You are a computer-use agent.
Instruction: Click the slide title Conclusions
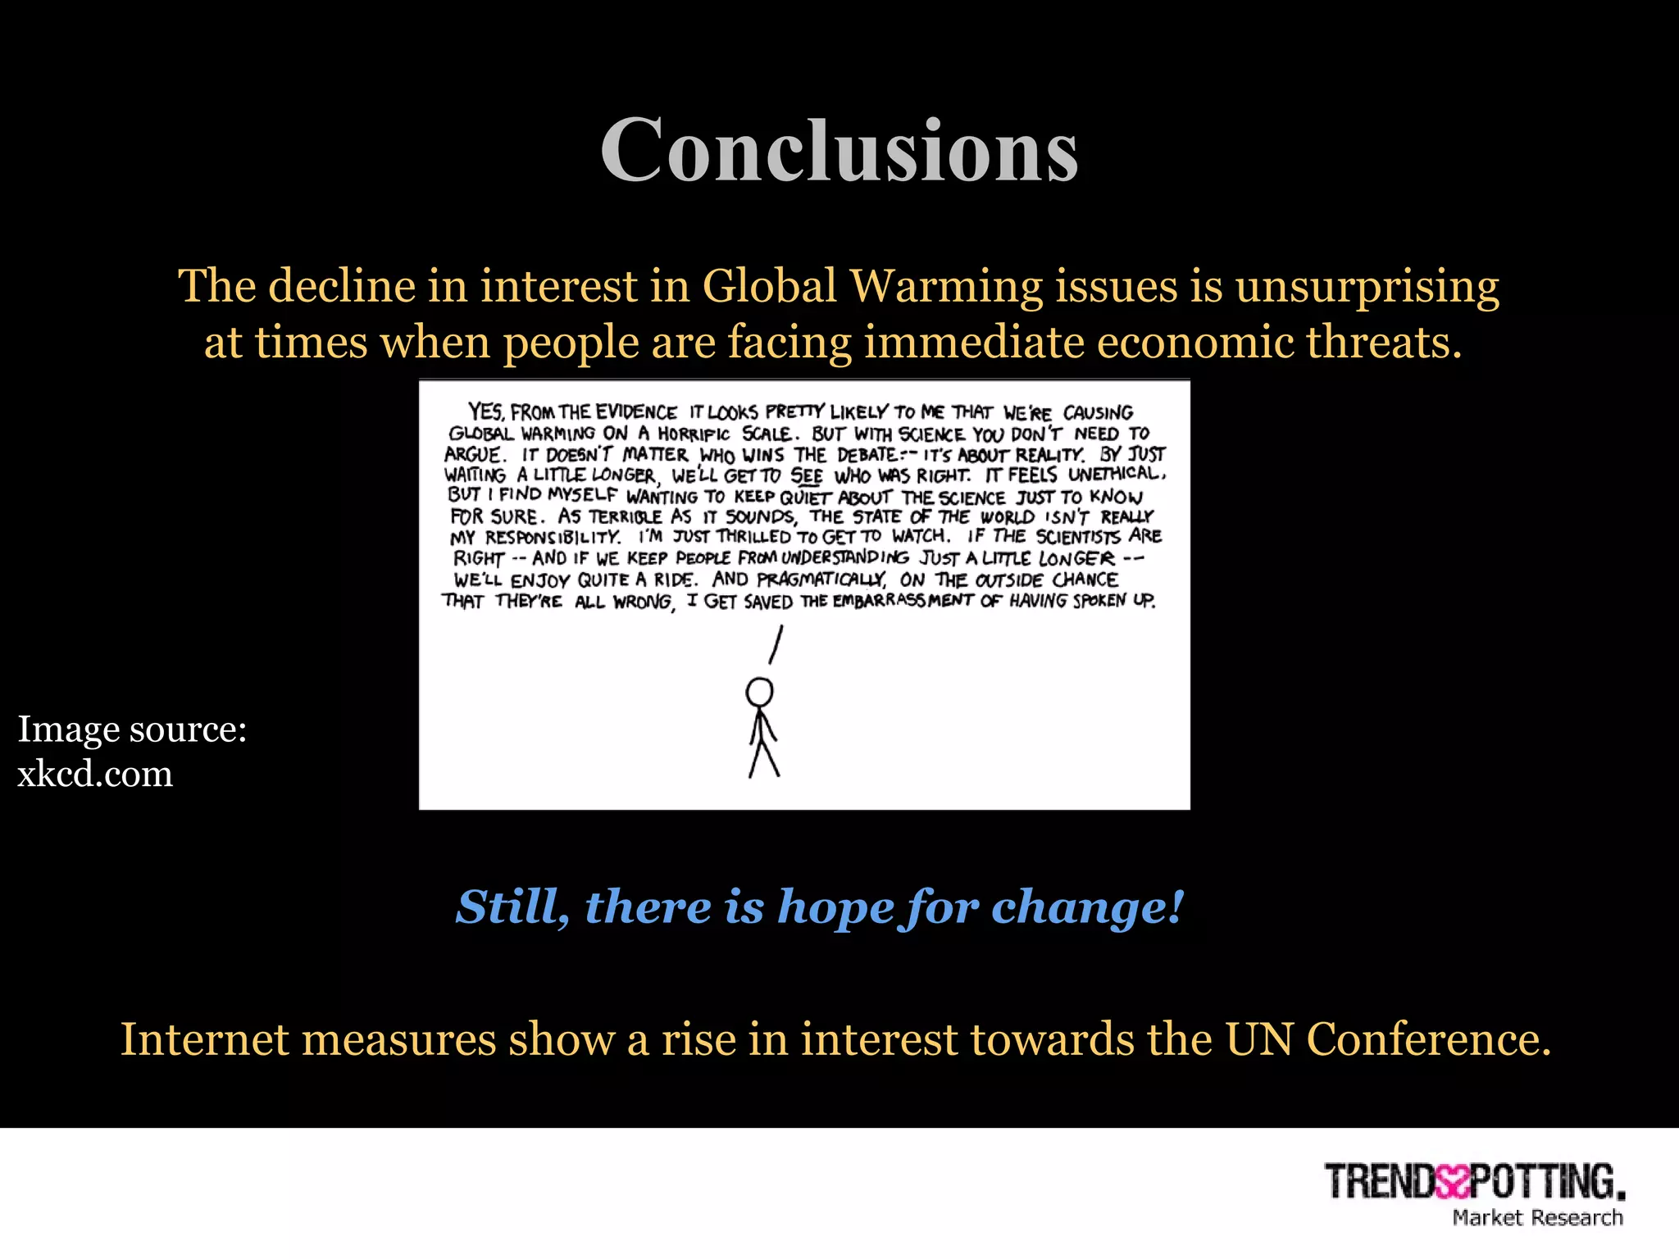pos(839,150)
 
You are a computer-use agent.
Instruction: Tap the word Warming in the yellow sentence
pos(945,286)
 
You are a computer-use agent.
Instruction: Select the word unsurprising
pos(1367,288)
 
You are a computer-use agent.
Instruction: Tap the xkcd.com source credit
pos(95,774)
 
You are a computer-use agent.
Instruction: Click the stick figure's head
pos(759,692)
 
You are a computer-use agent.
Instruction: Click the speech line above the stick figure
pos(776,645)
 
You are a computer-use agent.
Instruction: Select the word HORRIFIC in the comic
pos(693,434)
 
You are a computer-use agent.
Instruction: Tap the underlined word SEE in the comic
pos(807,476)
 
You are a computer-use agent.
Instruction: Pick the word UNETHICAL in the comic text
pos(1116,475)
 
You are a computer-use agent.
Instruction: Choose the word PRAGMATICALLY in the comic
pos(821,580)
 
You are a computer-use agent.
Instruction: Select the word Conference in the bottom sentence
pos(1428,1039)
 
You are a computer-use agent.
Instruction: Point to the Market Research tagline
pos(1537,1218)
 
